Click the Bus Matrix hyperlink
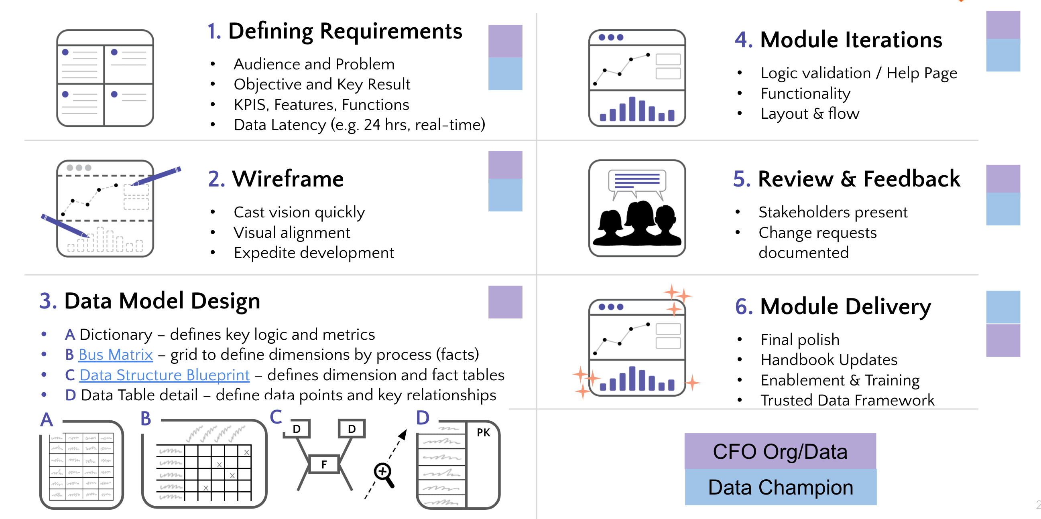[x=116, y=355]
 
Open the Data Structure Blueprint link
[x=165, y=375]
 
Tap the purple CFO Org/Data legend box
[x=780, y=451]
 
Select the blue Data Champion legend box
[x=780, y=487]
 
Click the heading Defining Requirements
[x=345, y=31]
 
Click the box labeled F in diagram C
[x=324, y=464]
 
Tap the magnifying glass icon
[x=384, y=474]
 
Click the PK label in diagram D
[x=483, y=433]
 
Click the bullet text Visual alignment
[x=292, y=233]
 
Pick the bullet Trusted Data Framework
[x=847, y=400]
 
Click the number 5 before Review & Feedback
[x=741, y=179]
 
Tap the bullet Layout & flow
[x=809, y=114]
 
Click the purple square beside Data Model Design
[x=505, y=302]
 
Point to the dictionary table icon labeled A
[x=81, y=466]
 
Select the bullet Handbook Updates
[x=828, y=359]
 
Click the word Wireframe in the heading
[x=287, y=179]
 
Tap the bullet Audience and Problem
[x=313, y=64]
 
